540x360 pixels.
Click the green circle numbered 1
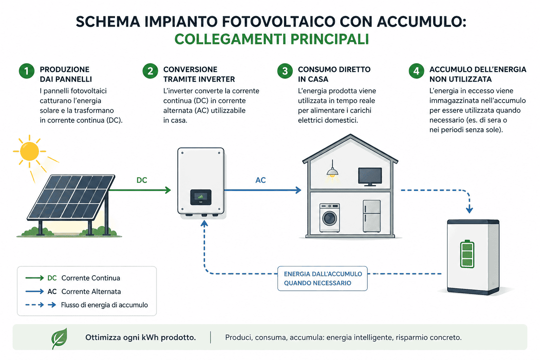pyautogui.click(x=26, y=71)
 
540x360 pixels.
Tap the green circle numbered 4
pyautogui.click(x=416, y=71)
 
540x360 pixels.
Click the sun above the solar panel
pyautogui.click(x=30, y=151)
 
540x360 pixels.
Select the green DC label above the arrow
pyautogui.click(x=142, y=180)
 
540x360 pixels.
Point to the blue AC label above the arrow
pyautogui.click(x=261, y=180)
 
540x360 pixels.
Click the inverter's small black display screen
pyautogui.click(x=201, y=197)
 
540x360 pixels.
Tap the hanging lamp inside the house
pyautogui.click(x=332, y=172)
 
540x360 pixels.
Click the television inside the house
pyautogui.click(x=370, y=176)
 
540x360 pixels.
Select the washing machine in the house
pyautogui.click(x=330, y=218)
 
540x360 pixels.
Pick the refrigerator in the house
pyautogui.click(x=372, y=216)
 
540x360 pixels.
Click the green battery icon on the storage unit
pyautogui.click(x=467, y=254)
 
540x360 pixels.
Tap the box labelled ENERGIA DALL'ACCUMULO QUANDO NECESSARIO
pyautogui.click(x=322, y=278)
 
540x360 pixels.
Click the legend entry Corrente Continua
pyautogui.click(x=91, y=278)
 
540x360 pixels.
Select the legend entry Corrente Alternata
pyautogui.click(x=91, y=291)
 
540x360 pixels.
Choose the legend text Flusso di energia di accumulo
pyautogui.click(x=104, y=305)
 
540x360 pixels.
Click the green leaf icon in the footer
pyautogui.click(x=59, y=338)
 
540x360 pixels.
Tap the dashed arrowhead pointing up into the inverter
pyautogui.click(x=204, y=224)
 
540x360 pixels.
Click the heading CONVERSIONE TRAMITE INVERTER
pyautogui.click(x=199, y=74)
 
